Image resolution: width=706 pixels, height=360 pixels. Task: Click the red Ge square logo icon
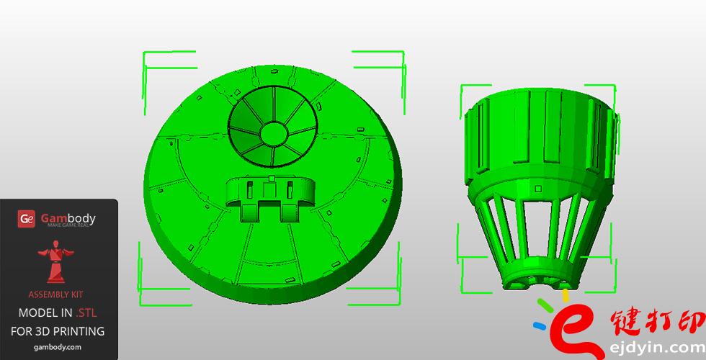point(27,219)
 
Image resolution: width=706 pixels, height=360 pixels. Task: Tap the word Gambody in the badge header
point(67,218)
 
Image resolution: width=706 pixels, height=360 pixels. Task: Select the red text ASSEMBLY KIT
point(58,295)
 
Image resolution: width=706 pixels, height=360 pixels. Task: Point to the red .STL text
point(85,312)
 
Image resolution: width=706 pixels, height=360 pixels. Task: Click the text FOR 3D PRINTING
point(58,331)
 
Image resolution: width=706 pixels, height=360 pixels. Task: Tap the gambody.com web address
point(58,347)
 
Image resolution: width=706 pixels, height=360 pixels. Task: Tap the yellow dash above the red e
point(566,294)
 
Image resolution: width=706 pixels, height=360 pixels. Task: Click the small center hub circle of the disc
point(273,133)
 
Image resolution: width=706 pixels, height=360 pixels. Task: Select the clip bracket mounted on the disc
point(270,198)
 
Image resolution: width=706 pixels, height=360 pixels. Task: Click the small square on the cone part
point(538,189)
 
